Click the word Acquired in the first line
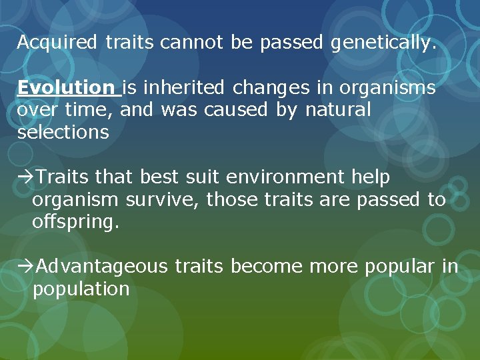(58, 43)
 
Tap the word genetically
(383, 43)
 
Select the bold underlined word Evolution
(66, 88)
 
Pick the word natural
(337, 110)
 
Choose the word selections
(63, 132)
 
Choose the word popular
(399, 267)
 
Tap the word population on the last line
(81, 289)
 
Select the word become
(266, 267)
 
